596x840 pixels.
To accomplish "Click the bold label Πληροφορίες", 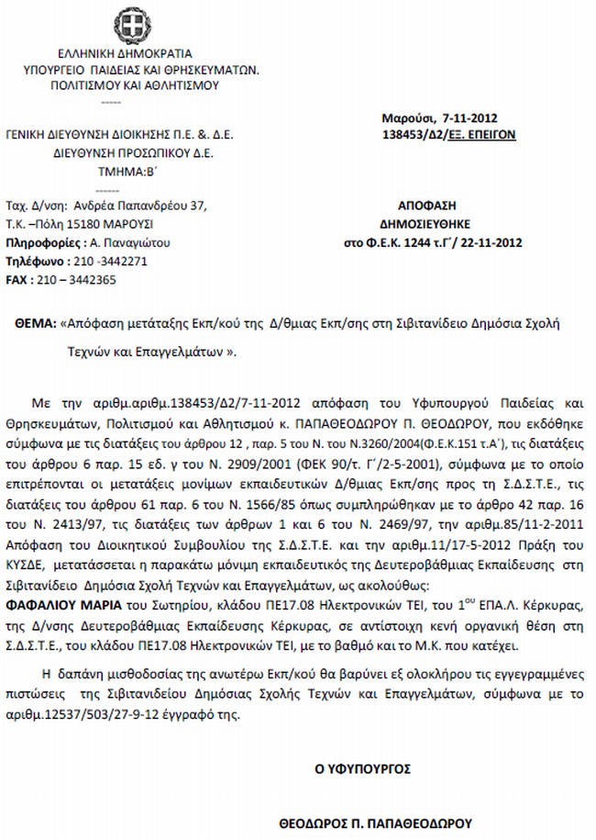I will coord(43,242).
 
